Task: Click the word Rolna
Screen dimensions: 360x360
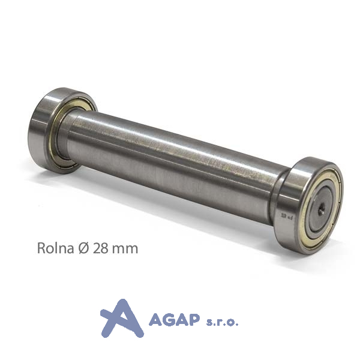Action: click(55, 248)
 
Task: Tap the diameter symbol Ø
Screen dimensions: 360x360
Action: click(83, 248)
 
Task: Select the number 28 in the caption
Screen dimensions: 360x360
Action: click(100, 248)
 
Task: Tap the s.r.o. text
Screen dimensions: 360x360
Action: click(222, 322)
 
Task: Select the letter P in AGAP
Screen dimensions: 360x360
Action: click(193, 320)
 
